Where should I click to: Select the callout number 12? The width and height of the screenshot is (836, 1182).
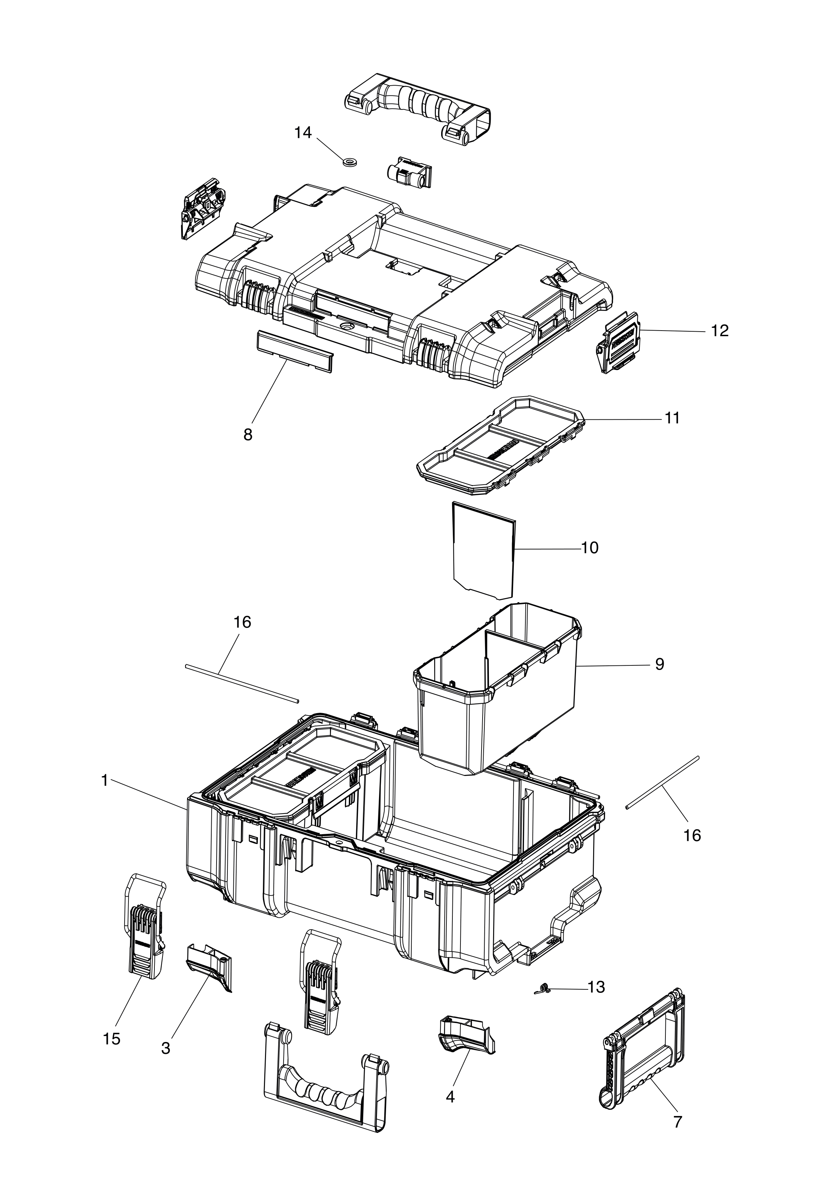[x=720, y=331]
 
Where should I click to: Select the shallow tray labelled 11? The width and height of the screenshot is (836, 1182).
[x=499, y=446]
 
